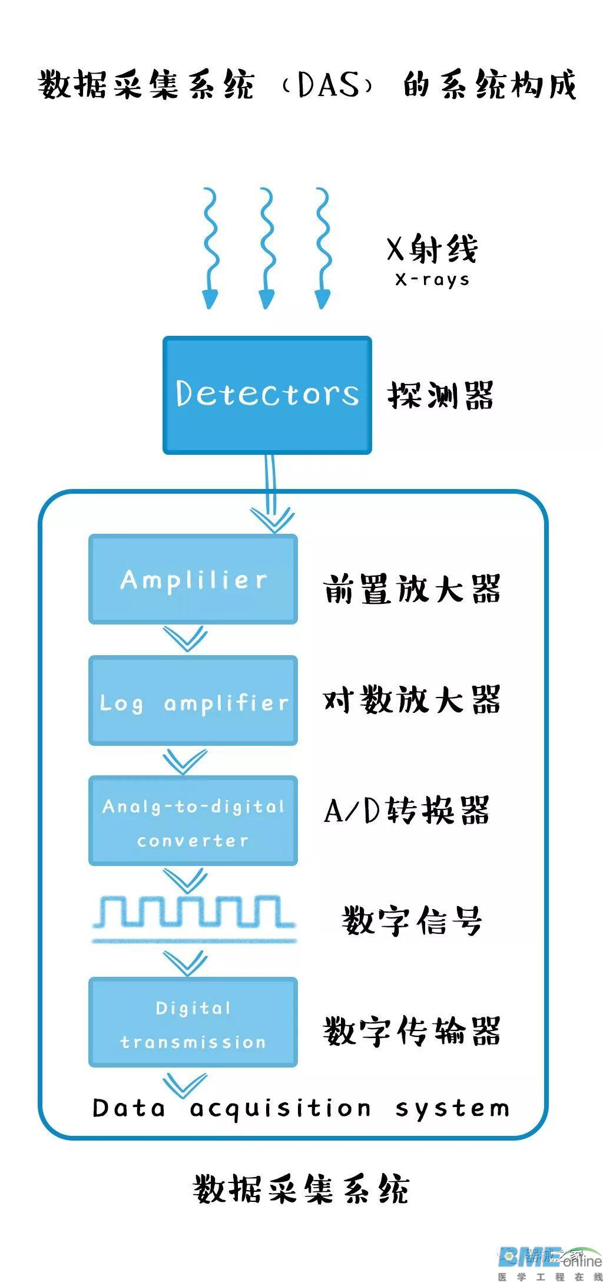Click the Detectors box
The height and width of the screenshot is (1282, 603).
tap(267, 395)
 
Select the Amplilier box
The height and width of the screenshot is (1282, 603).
tap(193, 579)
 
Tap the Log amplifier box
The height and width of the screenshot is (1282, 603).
tap(193, 701)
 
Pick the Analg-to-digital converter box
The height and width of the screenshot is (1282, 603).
tap(193, 821)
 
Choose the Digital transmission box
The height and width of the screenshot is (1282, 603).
tap(193, 1023)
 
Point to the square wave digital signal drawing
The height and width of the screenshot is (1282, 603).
tap(193, 919)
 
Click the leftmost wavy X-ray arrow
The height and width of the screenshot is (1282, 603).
tap(210, 247)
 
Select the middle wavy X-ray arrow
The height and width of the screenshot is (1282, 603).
tap(267, 247)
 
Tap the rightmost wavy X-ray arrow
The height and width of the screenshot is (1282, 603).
tap(322, 247)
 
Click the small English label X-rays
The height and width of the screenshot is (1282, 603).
tap(432, 279)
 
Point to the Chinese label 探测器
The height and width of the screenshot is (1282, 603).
tap(440, 395)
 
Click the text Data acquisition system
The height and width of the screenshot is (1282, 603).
tap(301, 1108)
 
